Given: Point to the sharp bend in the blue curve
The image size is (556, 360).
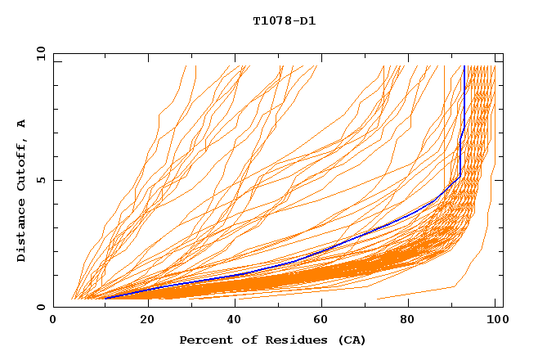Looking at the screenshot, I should pyautogui.click(x=460, y=175).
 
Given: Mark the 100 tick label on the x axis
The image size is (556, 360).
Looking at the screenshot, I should pyautogui.click(x=495, y=321).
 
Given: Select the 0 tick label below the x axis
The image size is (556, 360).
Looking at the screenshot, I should pyautogui.click(x=54, y=321).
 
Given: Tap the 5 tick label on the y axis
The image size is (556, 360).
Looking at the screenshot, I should pyautogui.click(x=40, y=181).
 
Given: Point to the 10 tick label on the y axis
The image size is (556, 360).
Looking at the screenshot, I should pyautogui.click(x=38, y=54).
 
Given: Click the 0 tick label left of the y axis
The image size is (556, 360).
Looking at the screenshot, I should pyautogui.click(x=40, y=308).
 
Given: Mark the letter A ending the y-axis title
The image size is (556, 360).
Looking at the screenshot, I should pyautogui.click(x=21, y=124).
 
